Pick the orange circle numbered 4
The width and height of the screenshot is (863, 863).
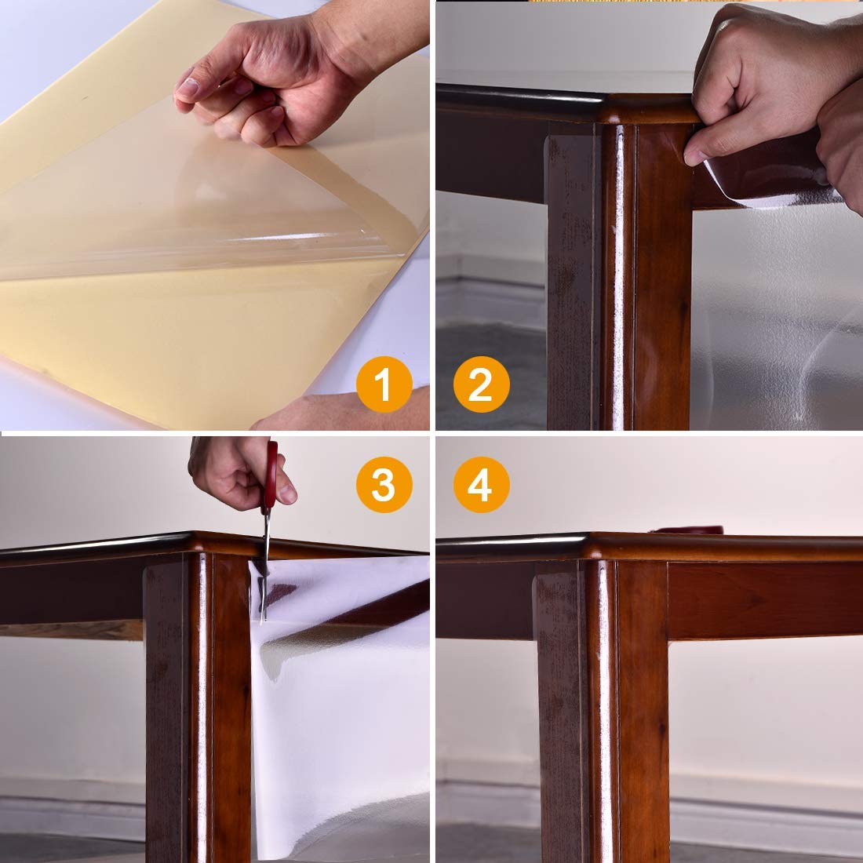[480, 484]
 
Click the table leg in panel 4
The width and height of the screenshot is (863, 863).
[604, 706]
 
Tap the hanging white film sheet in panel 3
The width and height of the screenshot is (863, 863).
[337, 706]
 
